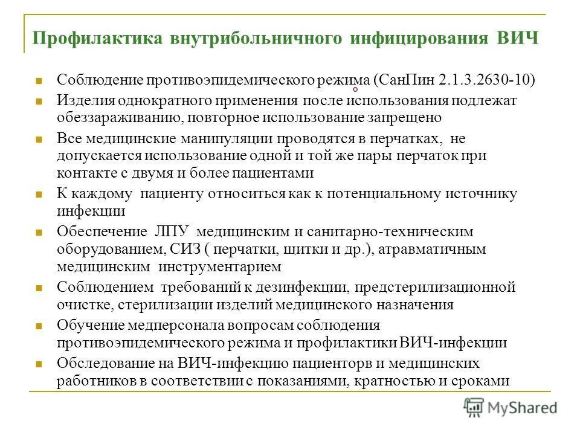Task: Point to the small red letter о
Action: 355,89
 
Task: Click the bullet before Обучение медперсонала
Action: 38,326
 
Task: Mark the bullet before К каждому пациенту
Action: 38,195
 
